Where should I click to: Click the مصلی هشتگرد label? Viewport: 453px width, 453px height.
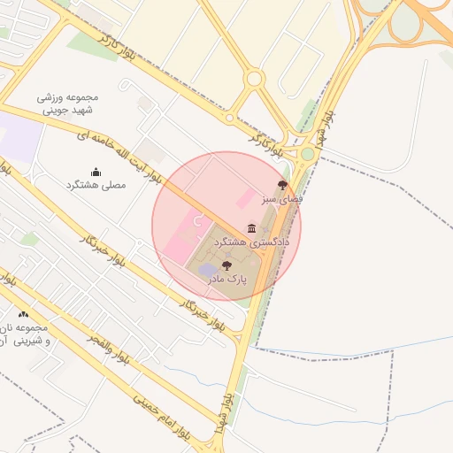(96, 185)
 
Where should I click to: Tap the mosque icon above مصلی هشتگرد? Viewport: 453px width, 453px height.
(96, 172)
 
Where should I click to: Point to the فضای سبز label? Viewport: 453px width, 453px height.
(282, 200)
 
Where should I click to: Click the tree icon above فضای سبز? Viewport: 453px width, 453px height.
(282, 186)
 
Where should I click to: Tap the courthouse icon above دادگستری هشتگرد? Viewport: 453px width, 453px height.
(252, 228)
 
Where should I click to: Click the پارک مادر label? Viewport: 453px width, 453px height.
(227, 279)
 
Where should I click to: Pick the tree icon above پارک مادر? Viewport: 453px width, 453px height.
(227, 265)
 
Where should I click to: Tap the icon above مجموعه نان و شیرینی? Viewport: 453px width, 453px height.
(23, 314)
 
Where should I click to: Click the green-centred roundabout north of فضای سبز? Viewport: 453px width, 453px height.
(307, 154)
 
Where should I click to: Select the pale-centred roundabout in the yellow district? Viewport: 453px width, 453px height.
(255, 79)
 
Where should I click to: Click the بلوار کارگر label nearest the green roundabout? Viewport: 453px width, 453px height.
(268, 144)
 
